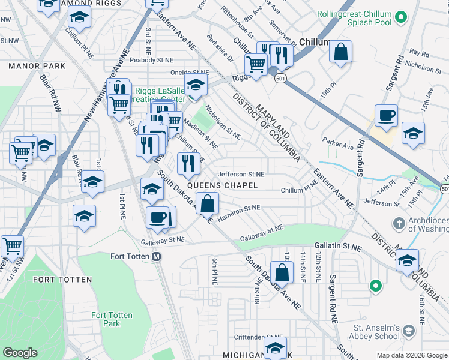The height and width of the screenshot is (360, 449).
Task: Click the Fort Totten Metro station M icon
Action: click(x=157, y=256)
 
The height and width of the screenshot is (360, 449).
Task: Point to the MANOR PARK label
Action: click(x=28, y=64)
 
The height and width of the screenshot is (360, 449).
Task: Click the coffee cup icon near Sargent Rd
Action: click(x=386, y=115)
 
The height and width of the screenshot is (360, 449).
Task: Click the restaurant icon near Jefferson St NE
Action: click(x=188, y=163)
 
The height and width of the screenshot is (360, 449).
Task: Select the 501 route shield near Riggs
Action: click(x=280, y=78)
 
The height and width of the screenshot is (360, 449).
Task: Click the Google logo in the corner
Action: click(x=20, y=353)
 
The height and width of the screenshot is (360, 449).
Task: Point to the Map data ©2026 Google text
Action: click(x=412, y=355)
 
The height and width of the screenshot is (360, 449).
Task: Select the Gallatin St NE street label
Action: click(x=339, y=247)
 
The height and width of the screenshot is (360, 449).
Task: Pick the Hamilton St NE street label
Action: click(x=239, y=211)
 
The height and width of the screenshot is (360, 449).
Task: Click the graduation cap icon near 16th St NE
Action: click(x=407, y=261)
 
